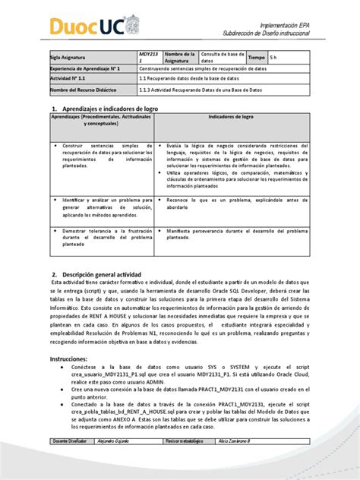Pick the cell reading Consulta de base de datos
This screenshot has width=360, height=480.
[230, 58]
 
